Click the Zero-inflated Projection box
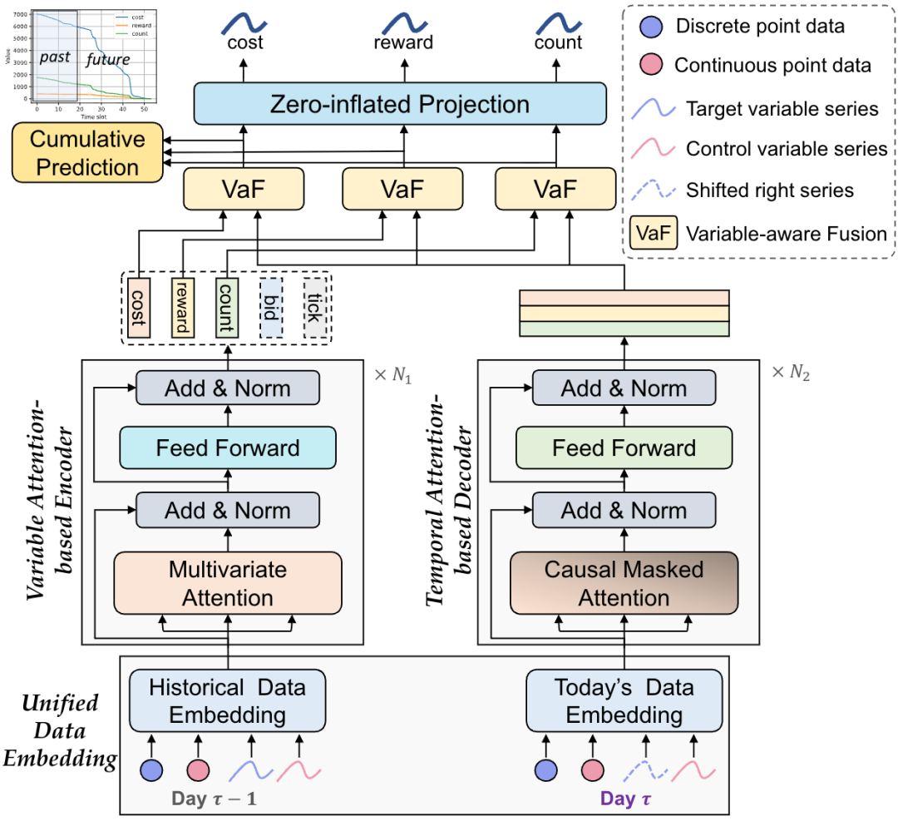(400, 105)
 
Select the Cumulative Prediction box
(87, 154)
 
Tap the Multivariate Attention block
(227, 584)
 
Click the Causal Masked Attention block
(624, 584)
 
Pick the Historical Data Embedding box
(227, 701)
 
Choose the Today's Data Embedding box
(624, 701)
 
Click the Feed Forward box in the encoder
(227, 448)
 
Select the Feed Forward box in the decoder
(624, 448)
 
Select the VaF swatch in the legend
(651, 234)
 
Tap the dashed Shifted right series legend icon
(651, 190)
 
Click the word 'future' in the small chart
(108, 60)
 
